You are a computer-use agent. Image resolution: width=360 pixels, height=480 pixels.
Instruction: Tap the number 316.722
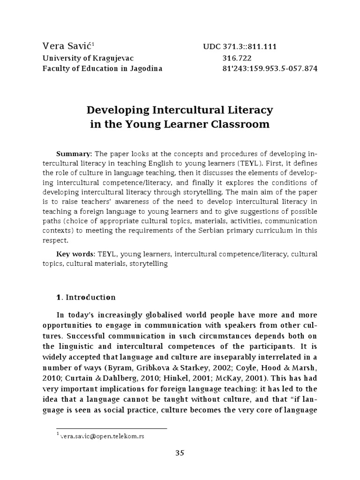point(237,58)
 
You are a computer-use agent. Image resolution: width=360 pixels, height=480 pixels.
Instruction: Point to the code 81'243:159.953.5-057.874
point(270,69)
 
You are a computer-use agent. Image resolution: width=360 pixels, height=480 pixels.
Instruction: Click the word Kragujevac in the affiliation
point(113,58)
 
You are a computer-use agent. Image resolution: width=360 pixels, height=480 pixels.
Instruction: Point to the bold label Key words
point(75,254)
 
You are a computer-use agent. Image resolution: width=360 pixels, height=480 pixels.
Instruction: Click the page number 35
point(180,453)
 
